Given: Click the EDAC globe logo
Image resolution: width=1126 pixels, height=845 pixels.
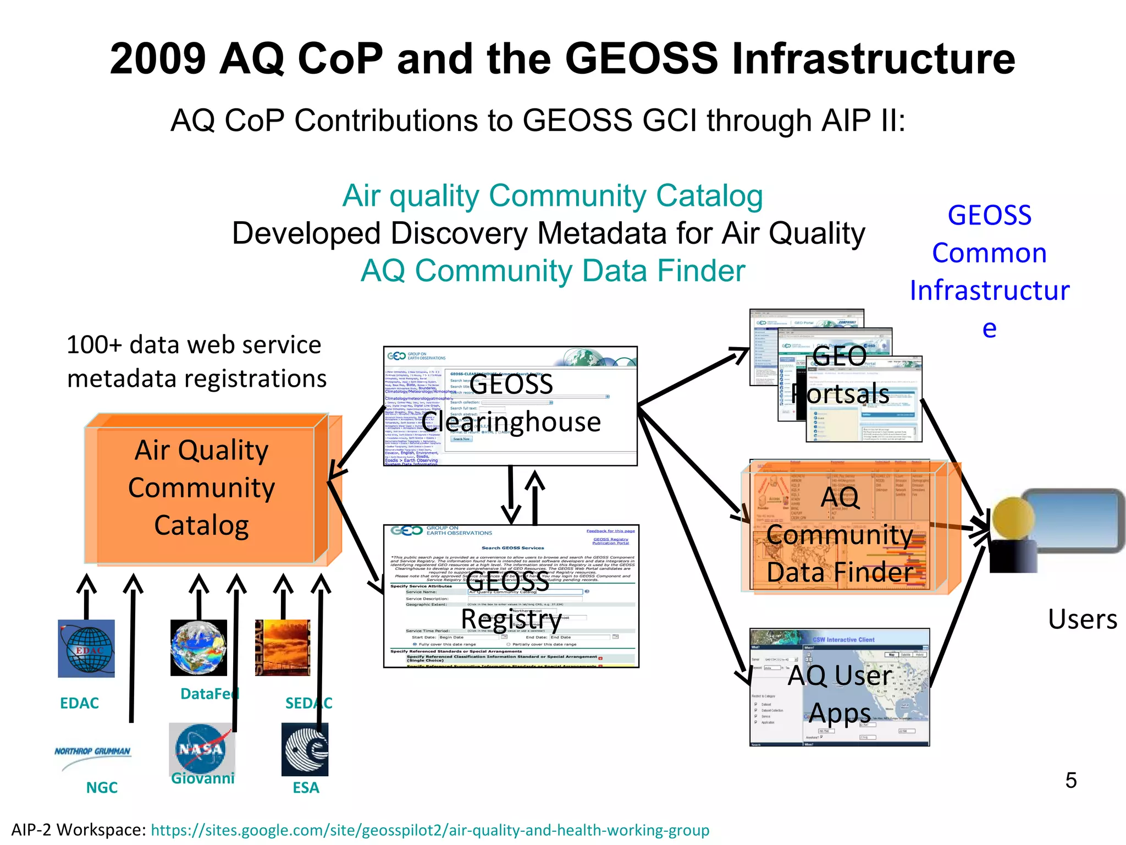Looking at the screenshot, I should [x=86, y=649].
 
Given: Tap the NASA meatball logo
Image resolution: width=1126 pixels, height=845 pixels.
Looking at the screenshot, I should [x=201, y=748].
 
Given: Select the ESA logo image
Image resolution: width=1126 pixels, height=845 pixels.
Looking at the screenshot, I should [x=305, y=749].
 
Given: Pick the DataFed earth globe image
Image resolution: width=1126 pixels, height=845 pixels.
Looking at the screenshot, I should [x=198, y=648].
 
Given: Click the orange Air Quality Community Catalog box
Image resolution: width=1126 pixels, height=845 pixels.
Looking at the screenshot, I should [x=201, y=489].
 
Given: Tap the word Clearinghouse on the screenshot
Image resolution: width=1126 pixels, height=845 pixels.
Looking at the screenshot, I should [x=511, y=422].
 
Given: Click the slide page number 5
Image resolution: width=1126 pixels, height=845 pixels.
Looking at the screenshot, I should [x=1070, y=780].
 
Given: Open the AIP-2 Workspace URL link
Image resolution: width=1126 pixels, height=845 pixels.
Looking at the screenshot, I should [x=430, y=830].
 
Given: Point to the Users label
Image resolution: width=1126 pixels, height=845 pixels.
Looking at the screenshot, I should [x=1082, y=619].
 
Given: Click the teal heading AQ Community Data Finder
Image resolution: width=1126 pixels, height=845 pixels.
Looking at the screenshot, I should [x=553, y=271].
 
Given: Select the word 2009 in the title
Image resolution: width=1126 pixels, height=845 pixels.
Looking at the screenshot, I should [x=158, y=59].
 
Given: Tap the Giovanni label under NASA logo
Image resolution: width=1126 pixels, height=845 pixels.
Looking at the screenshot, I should [x=202, y=778].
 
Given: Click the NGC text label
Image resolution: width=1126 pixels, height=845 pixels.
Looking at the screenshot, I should [x=102, y=788].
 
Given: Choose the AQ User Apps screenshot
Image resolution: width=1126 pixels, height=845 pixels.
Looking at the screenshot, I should [x=840, y=688].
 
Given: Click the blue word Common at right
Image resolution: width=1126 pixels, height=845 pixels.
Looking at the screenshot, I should [x=989, y=253].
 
